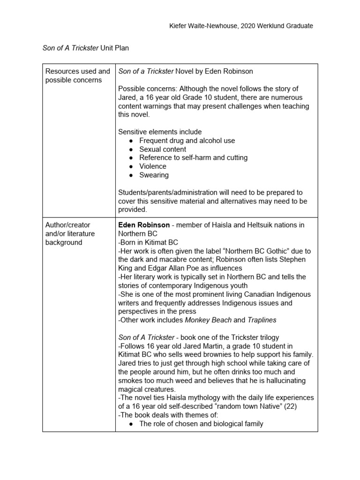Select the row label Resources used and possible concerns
(78, 75)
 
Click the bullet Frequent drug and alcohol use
(187, 141)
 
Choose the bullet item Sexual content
(163, 149)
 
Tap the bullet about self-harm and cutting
(193, 157)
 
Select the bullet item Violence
(153, 166)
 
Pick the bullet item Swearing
(154, 175)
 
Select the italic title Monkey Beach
(208, 320)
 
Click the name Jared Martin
(185, 346)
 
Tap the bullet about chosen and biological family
(201, 424)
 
